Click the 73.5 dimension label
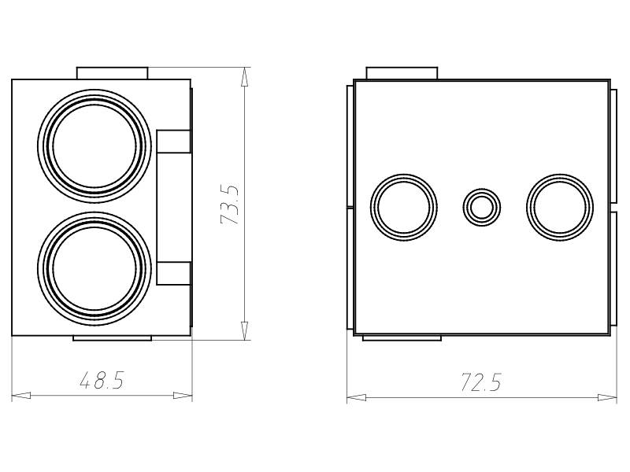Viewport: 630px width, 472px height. [230, 204]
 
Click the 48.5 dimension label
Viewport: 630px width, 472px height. [102, 380]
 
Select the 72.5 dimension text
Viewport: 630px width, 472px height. [481, 382]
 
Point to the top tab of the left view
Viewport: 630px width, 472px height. [112, 73]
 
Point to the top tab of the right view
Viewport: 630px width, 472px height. [402, 73]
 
